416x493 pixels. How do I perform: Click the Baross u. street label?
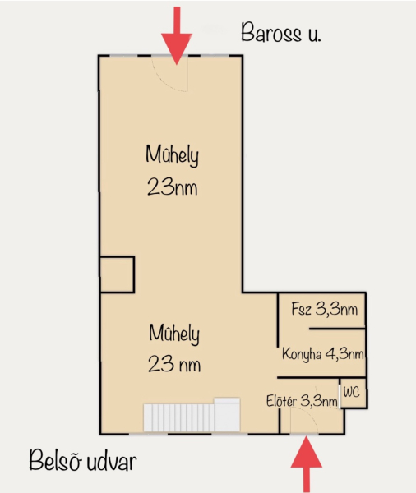click(280, 32)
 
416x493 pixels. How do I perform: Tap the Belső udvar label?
click(83, 460)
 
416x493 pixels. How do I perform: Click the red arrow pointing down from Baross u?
click(177, 35)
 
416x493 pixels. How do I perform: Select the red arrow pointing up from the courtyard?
click(306, 463)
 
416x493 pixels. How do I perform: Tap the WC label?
click(352, 392)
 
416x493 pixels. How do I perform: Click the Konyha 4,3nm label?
click(323, 354)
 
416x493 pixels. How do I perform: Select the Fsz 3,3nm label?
click(325, 309)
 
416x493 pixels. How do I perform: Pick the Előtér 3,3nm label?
click(302, 401)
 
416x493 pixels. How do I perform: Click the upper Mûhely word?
click(172, 155)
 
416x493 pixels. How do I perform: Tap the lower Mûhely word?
click(174, 334)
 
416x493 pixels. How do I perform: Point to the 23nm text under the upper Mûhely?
click(172, 187)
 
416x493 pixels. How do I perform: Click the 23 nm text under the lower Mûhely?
click(174, 364)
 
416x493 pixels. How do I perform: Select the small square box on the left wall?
click(117, 274)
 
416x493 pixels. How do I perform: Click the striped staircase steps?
click(178, 417)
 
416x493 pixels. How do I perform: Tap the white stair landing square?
click(227, 414)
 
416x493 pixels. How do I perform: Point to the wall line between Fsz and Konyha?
click(337, 329)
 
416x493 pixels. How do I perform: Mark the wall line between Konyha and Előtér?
click(321, 377)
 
